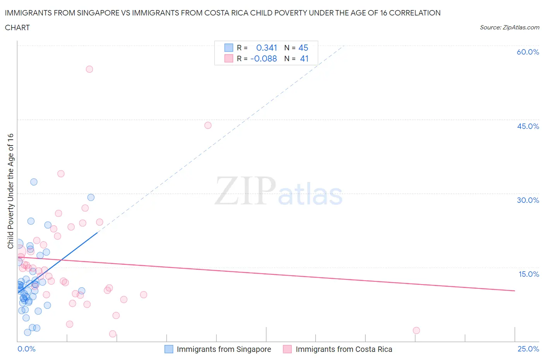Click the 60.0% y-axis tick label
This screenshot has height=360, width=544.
point(528,52)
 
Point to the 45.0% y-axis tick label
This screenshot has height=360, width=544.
point(528,126)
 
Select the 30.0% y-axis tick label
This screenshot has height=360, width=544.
point(528,200)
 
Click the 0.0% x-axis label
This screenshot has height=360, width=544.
point(26,349)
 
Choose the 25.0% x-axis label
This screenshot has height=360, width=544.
point(528,349)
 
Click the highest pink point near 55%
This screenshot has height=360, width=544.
point(89,69)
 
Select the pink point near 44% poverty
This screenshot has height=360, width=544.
point(208,125)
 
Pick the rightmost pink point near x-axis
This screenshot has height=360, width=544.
point(416,331)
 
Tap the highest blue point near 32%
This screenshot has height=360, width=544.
point(34,182)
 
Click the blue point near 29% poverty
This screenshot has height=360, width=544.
point(91,197)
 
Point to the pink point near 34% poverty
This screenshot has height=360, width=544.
point(61,174)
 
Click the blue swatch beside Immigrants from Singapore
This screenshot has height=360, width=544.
point(169,349)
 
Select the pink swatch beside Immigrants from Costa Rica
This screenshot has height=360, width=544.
point(287,349)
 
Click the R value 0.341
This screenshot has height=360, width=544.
point(267,48)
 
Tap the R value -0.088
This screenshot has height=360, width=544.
point(263,58)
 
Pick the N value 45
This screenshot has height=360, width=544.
point(303,48)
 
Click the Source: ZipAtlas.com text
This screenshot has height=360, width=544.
point(509,27)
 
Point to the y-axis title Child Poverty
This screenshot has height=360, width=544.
point(10,191)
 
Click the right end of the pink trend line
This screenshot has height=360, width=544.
point(515,290)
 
